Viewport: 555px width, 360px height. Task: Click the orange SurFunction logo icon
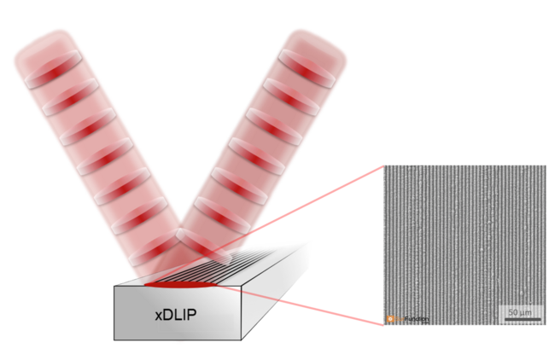[391, 319]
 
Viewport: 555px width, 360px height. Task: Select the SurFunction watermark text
[413, 319]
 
